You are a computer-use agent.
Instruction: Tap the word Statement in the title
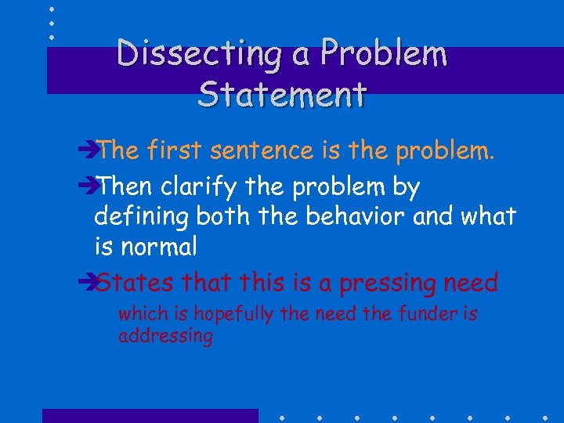tap(283, 94)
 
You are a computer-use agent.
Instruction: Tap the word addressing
tap(165, 337)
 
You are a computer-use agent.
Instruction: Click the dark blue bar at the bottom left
tap(150, 415)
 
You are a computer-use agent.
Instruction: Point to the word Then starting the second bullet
tap(125, 187)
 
